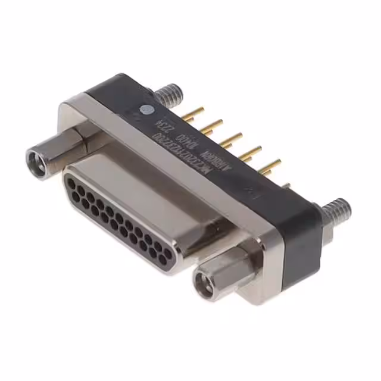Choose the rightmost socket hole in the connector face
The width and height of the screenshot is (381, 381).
tap(168, 255)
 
